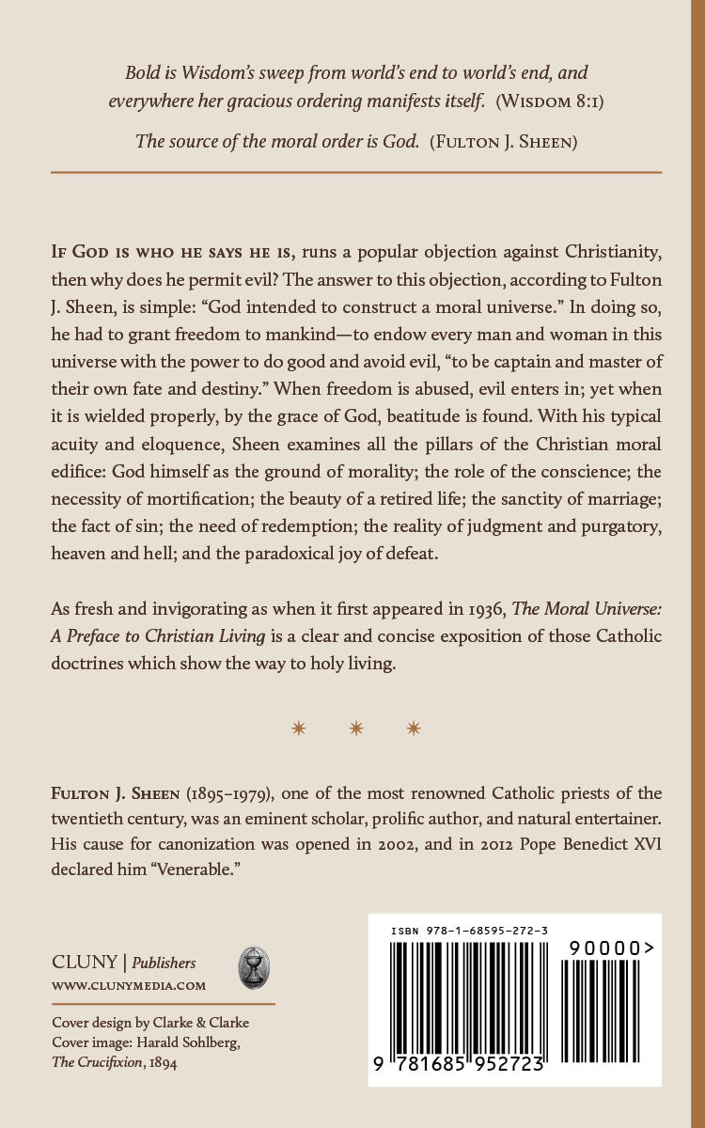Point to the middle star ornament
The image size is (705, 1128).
click(356, 728)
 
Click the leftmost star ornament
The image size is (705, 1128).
click(299, 728)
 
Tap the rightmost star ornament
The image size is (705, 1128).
click(415, 728)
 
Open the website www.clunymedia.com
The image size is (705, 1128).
click(129, 986)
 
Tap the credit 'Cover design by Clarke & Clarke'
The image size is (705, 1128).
click(150, 1024)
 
